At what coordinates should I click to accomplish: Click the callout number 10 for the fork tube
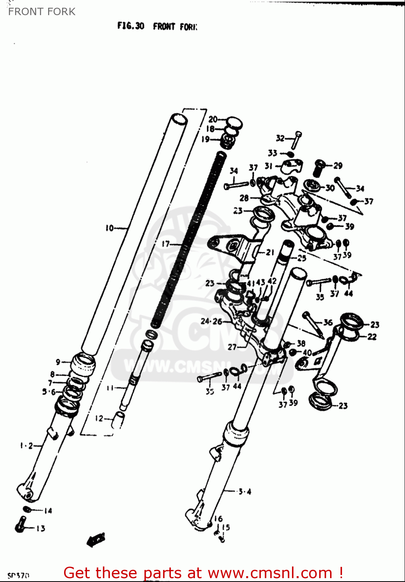coord(110,228)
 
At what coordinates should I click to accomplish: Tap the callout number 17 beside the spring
coord(166,244)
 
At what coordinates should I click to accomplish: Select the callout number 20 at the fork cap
coord(213,120)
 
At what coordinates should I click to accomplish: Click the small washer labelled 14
coord(27,509)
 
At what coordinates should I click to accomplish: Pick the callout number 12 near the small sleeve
coord(99,419)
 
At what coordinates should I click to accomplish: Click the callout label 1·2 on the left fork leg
coord(26,446)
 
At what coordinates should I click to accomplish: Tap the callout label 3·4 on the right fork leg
coord(245,492)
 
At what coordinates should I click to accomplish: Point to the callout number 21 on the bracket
coord(270,253)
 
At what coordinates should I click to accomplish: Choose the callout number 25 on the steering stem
coord(302,258)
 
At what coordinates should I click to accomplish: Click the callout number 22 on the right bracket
coord(372,337)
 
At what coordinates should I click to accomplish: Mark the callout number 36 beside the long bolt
coord(328,322)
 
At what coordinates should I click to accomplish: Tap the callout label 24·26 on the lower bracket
coord(211,321)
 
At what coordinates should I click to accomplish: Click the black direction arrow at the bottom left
coord(96,539)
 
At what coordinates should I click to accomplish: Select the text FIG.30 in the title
coord(131,26)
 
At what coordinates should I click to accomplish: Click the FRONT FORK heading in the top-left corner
coord(42,12)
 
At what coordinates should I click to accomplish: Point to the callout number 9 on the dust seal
coord(58,362)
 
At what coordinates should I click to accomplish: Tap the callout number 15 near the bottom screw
coord(226,527)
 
